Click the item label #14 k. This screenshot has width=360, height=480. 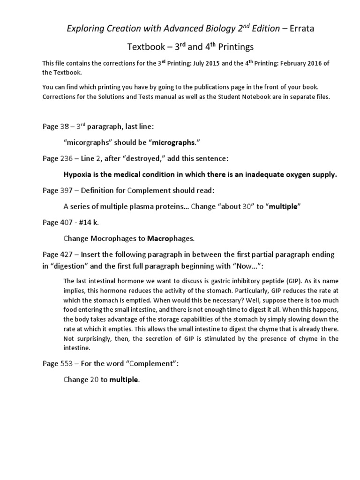pyautogui.click(x=89, y=223)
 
